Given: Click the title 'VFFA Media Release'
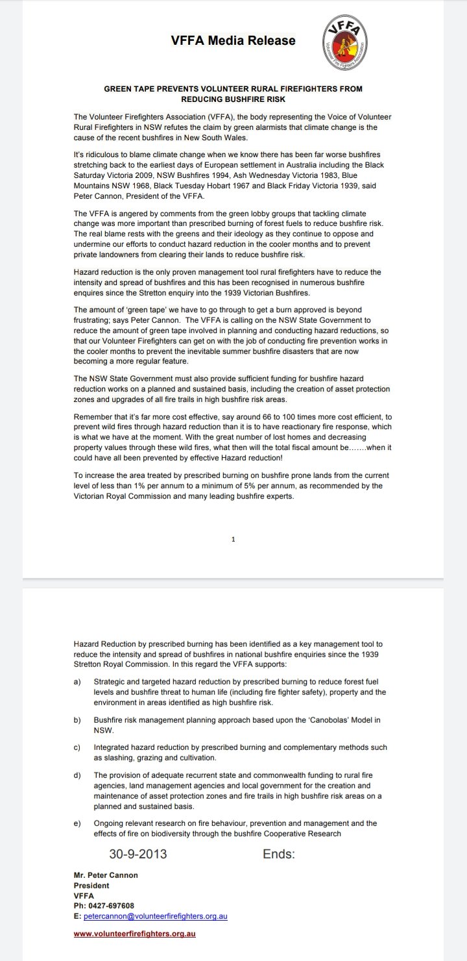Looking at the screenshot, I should [x=233, y=41].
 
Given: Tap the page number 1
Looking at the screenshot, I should [x=233, y=539].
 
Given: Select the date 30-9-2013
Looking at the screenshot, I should [x=138, y=855].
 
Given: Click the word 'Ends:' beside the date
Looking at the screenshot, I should [x=278, y=855].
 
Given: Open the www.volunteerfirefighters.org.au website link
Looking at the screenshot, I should [x=135, y=934].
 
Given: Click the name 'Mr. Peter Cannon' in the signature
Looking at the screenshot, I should [x=106, y=875].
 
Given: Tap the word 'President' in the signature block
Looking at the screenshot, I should [x=91, y=885].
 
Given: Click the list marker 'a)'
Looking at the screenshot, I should [x=77, y=682].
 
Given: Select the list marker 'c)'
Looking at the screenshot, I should [x=77, y=747].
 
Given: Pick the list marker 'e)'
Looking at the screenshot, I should [x=77, y=823].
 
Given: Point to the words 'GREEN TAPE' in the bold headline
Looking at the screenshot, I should [x=130, y=88].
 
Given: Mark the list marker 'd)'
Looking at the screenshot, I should [x=77, y=775].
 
